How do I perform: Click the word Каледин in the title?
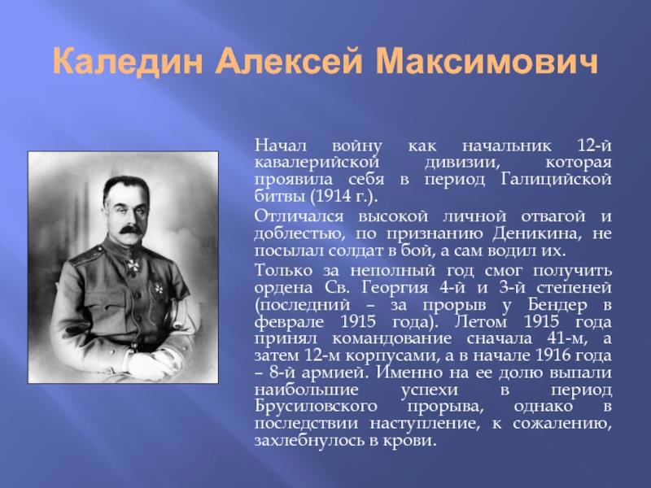pos(128,62)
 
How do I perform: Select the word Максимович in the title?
pos(487,62)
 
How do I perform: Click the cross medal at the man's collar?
pos(133,265)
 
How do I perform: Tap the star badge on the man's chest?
pos(158,288)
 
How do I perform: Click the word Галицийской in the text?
pos(556,179)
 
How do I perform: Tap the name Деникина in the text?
pos(538,234)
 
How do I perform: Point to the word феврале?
pos(289,322)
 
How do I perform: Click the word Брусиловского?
pos(316,407)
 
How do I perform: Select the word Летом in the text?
pos(481,322)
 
